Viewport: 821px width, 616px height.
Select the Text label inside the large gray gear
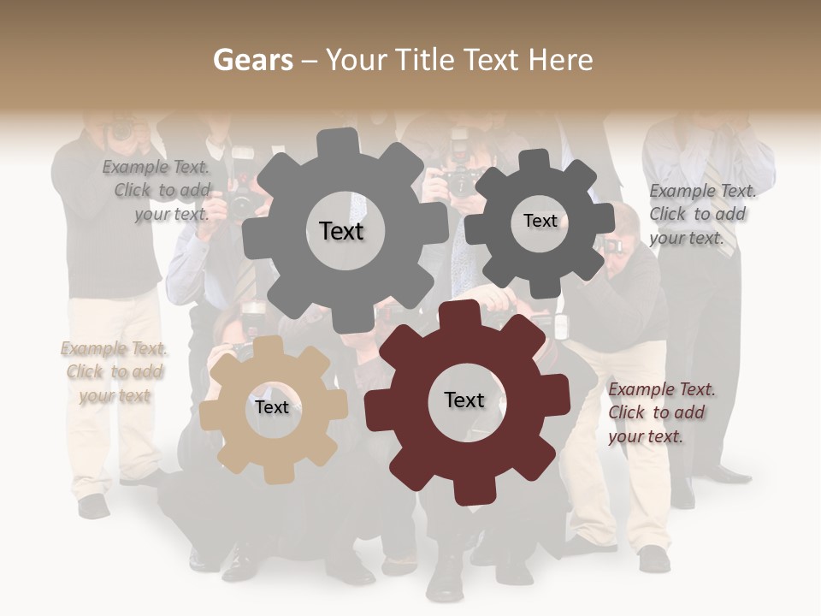tap(341, 231)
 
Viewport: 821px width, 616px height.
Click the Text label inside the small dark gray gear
tap(540, 221)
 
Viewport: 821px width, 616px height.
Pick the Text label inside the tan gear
tap(272, 407)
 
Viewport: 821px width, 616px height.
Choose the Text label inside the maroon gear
tap(464, 400)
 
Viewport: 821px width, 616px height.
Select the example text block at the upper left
tap(159, 191)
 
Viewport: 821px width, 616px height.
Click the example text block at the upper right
tap(701, 214)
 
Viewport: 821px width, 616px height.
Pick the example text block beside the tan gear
tap(114, 372)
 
